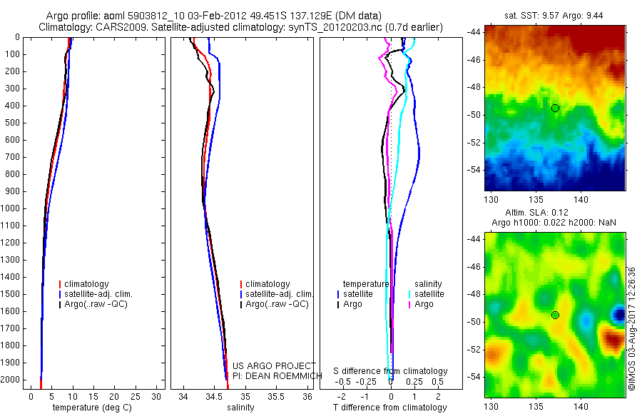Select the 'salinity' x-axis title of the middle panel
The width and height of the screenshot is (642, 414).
[240, 408]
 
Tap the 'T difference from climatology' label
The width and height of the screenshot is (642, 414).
[389, 408]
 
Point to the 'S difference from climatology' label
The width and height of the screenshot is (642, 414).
[390, 371]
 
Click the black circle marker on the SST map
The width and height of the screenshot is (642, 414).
[555, 108]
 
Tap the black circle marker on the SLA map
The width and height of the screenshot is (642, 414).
[555, 315]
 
